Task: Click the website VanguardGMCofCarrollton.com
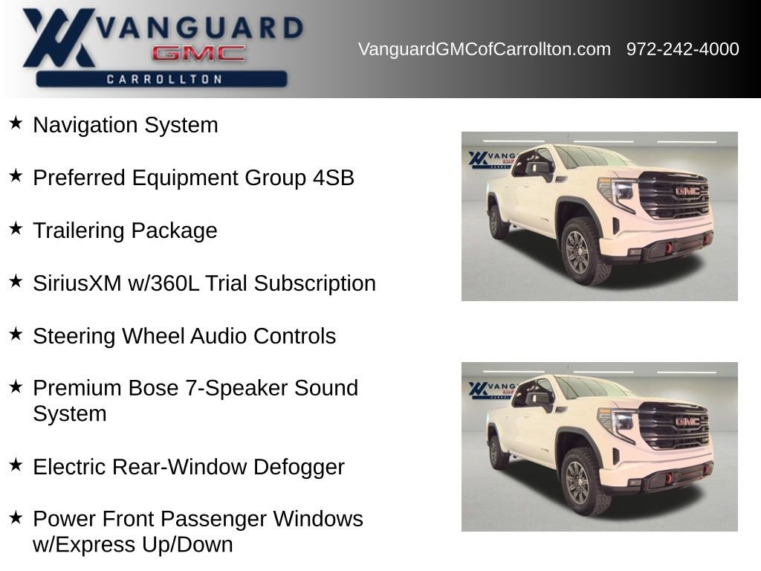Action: (x=484, y=49)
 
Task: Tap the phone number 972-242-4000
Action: (x=682, y=49)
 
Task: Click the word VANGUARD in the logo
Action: (x=201, y=28)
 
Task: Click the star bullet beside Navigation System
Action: (x=16, y=123)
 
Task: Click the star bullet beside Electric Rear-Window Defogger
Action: (x=16, y=465)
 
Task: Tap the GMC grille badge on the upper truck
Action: (x=687, y=191)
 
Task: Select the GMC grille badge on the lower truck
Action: (x=687, y=422)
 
